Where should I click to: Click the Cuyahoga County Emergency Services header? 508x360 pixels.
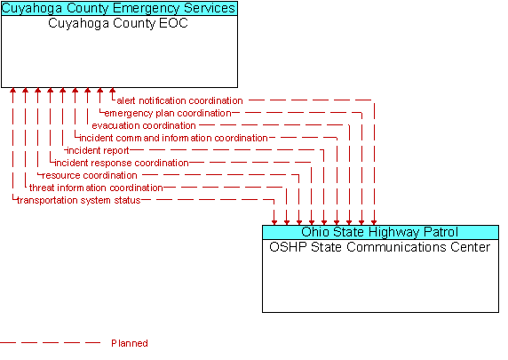(x=119, y=8)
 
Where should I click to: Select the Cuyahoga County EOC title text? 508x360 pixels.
(x=118, y=24)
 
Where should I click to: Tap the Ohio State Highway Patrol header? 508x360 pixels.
(x=380, y=232)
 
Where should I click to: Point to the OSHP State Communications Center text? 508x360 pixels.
(x=380, y=247)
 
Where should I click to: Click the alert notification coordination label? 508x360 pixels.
(x=179, y=100)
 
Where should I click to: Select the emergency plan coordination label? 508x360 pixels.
(x=168, y=113)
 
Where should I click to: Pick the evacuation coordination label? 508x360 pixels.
(x=144, y=125)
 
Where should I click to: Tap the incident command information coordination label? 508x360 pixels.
(x=173, y=138)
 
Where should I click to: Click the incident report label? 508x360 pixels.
(x=98, y=150)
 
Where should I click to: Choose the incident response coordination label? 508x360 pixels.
(x=121, y=163)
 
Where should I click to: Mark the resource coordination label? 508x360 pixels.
(x=90, y=175)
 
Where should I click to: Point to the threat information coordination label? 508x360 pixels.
(x=96, y=188)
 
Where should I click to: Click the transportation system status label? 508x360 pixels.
(x=79, y=200)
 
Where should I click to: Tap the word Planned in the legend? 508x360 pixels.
(x=130, y=343)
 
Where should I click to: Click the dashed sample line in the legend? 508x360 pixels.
(x=51, y=342)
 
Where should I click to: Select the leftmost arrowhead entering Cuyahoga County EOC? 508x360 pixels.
(x=12, y=91)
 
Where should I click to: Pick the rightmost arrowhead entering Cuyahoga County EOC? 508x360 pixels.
(x=112, y=91)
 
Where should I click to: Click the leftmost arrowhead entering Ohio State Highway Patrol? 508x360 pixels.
(x=274, y=222)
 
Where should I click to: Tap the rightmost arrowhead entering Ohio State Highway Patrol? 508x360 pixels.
(x=374, y=222)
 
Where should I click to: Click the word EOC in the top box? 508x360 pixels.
(x=174, y=23)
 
